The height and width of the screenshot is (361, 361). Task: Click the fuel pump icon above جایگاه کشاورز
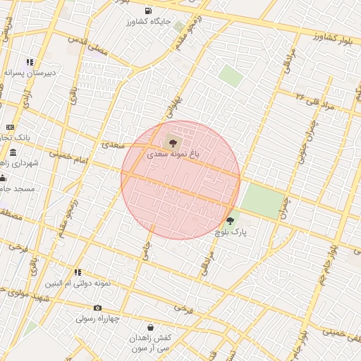pos(148,11)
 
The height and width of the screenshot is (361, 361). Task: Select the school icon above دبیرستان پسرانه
pos(30,62)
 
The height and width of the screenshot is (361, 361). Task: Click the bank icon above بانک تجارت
pos(10,127)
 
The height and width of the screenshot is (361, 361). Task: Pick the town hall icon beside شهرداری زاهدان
pos(13,152)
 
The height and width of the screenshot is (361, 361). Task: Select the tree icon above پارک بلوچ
pos(230,221)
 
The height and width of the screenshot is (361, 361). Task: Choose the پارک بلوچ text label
pos(230,232)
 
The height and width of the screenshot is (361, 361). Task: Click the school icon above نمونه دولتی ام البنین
pos(78,272)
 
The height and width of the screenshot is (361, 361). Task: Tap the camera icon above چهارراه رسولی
pos(97,307)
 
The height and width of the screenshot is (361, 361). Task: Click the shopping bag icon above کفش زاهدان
pos(150,327)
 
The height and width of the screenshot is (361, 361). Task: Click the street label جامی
pos(147,252)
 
